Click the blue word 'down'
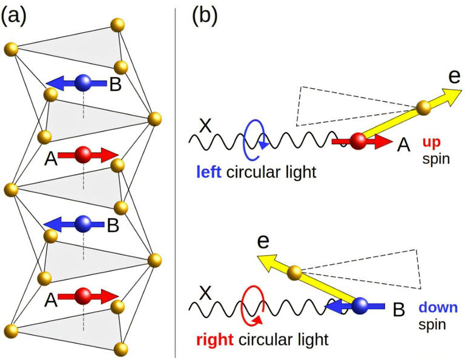click(437, 308)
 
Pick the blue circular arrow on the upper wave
click(254, 141)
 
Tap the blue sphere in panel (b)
click(361, 307)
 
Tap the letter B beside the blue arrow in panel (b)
click(399, 310)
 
